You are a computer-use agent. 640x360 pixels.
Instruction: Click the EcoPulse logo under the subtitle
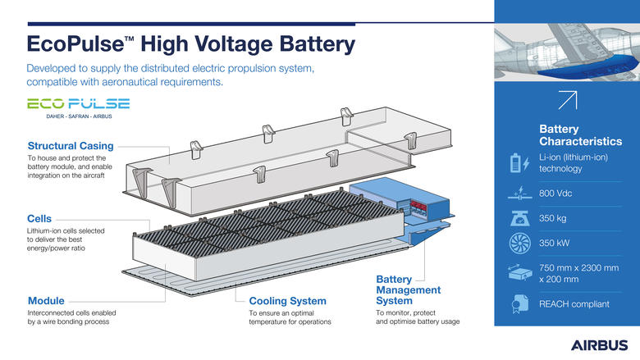[x=79, y=103]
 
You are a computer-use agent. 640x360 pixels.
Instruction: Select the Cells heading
[x=39, y=220]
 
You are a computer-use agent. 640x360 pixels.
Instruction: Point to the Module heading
[x=46, y=301]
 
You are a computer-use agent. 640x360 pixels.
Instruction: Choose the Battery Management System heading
[x=408, y=289]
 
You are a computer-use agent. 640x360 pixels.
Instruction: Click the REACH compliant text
[x=574, y=304]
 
